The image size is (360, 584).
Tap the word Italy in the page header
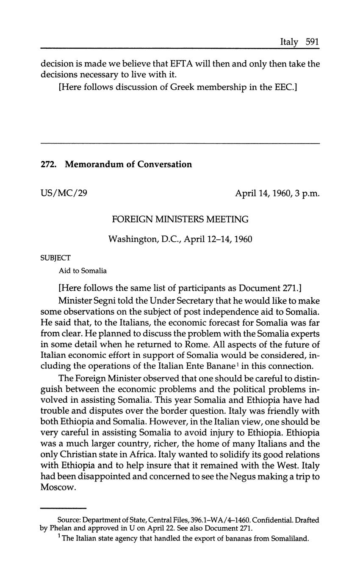coord(289,42)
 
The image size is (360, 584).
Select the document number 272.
coord(47,164)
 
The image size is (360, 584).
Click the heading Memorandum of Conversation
coord(128,164)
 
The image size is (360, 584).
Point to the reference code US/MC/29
coord(64,193)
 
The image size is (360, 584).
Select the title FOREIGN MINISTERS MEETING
coord(180,219)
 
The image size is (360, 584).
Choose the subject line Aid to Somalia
coord(83,271)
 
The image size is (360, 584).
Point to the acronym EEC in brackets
coord(280,89)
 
